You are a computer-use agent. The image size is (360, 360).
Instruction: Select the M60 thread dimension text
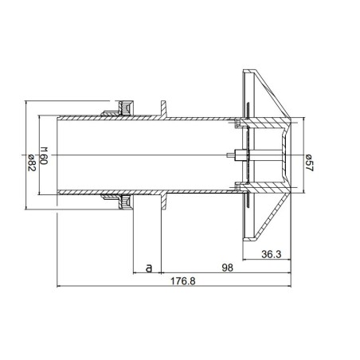(x=45, y=155)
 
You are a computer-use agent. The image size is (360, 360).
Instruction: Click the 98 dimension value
(x=227, y=268)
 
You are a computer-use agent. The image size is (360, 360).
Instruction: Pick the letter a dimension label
(x=148, y=268)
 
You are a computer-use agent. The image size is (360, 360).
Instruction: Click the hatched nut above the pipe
(x=123, y=108)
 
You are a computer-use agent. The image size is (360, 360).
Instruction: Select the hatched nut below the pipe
(x=123, y=204)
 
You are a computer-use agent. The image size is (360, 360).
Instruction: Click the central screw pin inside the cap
(x=233, y=155)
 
